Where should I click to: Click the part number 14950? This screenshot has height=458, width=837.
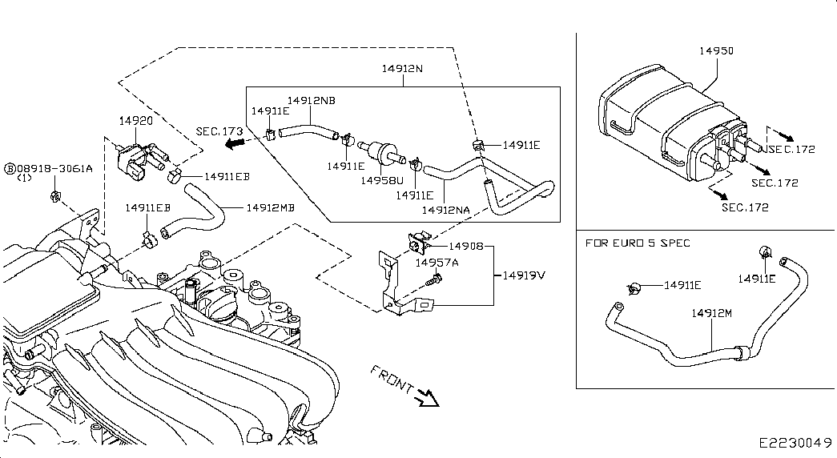pyautogui.click(x=716, y=50)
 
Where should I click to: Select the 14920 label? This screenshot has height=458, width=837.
pyautogui.click(x=135, y=120)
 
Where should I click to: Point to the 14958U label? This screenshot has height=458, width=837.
pyautogui.click(x=381, y=181)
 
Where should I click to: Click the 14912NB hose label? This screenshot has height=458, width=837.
pyautogui.click(x=312, y=101)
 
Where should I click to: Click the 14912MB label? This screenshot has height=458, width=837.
pyautogui.click(x=270, y=207)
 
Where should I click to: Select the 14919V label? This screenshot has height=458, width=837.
pyautogui.click(x=524, y=275)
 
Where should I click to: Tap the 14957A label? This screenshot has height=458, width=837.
pyautogui.click(x=437, y=263)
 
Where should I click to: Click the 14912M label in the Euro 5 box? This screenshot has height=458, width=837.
pyautogui.click(x=711, y=314)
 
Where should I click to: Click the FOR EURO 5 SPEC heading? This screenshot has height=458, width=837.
pyautogui.click(x=638, y=243)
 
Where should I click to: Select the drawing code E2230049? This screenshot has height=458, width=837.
pyautogui.click(x=796, y=443)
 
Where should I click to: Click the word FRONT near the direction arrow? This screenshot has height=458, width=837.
pyautogui.click(x=393, y=380)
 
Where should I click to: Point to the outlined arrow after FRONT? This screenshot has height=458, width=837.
pyautogui.click(x=428, y=396)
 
